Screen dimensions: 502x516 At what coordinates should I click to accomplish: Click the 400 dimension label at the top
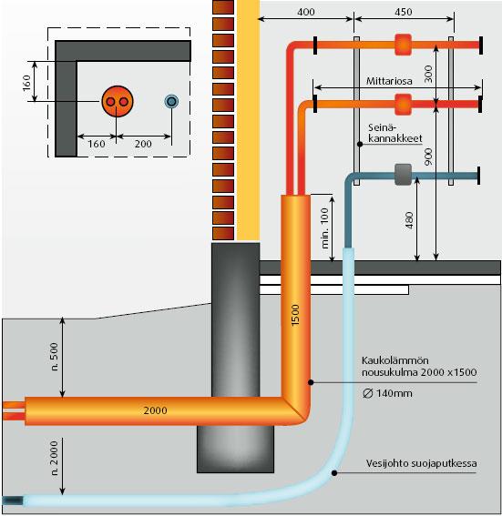pyautogui.click(x=306, y=12)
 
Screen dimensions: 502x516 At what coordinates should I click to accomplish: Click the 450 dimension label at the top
pyautogui.click(x=404, y=12)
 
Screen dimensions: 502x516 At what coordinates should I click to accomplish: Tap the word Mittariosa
pyautogui.click(x=389, y=81)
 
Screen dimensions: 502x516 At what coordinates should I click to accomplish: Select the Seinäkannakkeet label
pyautogui.click(x=394, y=133)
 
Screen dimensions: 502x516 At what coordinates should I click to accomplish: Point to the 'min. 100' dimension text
pyautogui.click(x=324, y=228)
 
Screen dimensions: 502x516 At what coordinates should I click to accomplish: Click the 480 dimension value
pyautogui.click(x=408, y=220)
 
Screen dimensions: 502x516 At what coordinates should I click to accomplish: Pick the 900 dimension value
pyautogui.click(x=428, y=157)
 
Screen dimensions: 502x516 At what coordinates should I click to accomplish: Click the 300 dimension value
pyautogui.click(x=428, y=74)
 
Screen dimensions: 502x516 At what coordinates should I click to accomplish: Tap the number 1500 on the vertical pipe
pyautogui.click(x=295, y=315)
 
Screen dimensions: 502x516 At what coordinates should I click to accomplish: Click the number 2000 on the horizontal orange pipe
pyautogui.click(x=155, y=410)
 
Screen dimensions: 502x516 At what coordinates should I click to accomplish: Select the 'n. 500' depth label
pyautogui.click(x=55, y=357)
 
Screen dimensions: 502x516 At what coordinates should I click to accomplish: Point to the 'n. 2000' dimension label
pyautogui.click(x=55, y=458)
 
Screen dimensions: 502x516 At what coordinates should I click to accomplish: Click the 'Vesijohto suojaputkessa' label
pyautogui.click(x=421, y=463)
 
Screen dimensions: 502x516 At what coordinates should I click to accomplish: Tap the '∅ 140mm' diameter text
pyautogui.click(x=387, y=393)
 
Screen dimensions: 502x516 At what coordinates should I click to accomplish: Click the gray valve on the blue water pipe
pyautogui.click(x=404, y=175)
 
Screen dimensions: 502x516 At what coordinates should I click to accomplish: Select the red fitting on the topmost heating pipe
pyautogui.click(x=404, y=45)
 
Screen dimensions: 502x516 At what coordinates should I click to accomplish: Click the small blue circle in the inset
pyautogui.click(x=171, y=101)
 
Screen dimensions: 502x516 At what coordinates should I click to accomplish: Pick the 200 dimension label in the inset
pyautogui.click(x=143, y=144)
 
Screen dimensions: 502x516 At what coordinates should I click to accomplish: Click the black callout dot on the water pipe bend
pyautogui.click(x=334, y=473)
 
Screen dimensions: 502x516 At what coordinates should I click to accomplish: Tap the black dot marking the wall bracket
pyautogui.click(x=360, y=144)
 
